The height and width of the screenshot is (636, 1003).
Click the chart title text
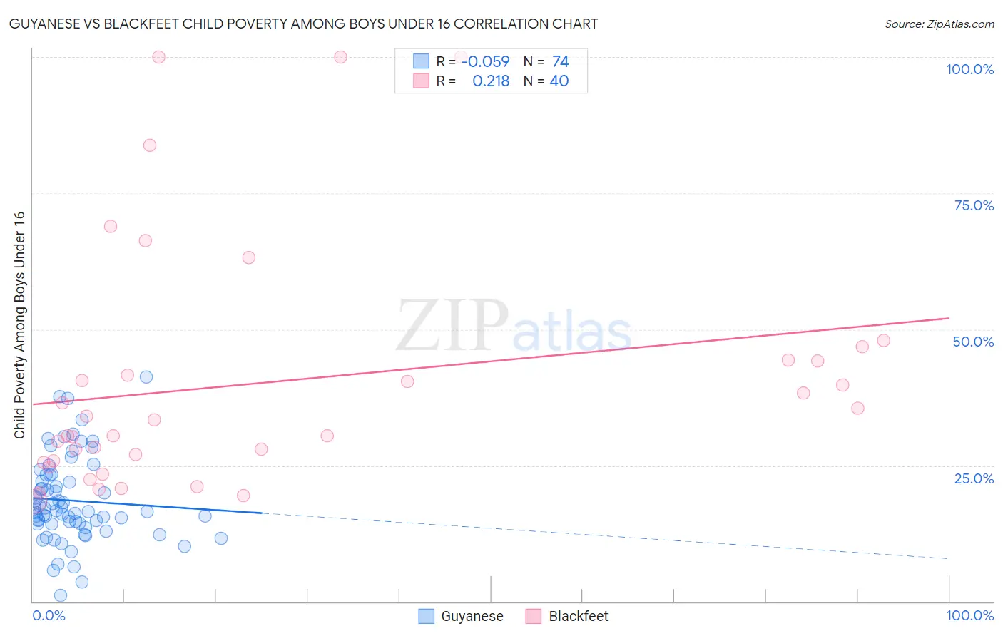(303, 24)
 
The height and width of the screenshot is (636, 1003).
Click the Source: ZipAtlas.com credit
(939, 24)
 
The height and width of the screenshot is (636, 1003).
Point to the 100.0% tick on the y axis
(969, 69)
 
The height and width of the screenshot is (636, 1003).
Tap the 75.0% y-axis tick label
(974, 205)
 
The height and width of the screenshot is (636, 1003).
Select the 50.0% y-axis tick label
(973, 342)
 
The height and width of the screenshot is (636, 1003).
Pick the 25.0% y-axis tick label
(974, 478)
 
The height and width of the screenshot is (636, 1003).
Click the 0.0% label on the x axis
(49, 615)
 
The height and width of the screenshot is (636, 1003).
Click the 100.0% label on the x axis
(969, 615)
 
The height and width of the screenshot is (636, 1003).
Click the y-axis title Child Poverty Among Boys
(19, 324)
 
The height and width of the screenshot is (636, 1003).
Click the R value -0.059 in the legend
(485, 61)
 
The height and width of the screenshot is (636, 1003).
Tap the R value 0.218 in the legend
(491, 81)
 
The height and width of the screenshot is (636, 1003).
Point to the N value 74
(560, 61)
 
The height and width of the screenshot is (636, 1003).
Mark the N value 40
(559, 81)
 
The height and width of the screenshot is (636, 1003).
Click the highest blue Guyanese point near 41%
(146, 377)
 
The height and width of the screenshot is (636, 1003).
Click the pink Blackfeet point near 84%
(150, 145)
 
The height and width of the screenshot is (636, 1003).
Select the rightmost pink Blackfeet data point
(883, 341)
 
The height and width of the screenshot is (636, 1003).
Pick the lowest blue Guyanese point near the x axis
(61, 595)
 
